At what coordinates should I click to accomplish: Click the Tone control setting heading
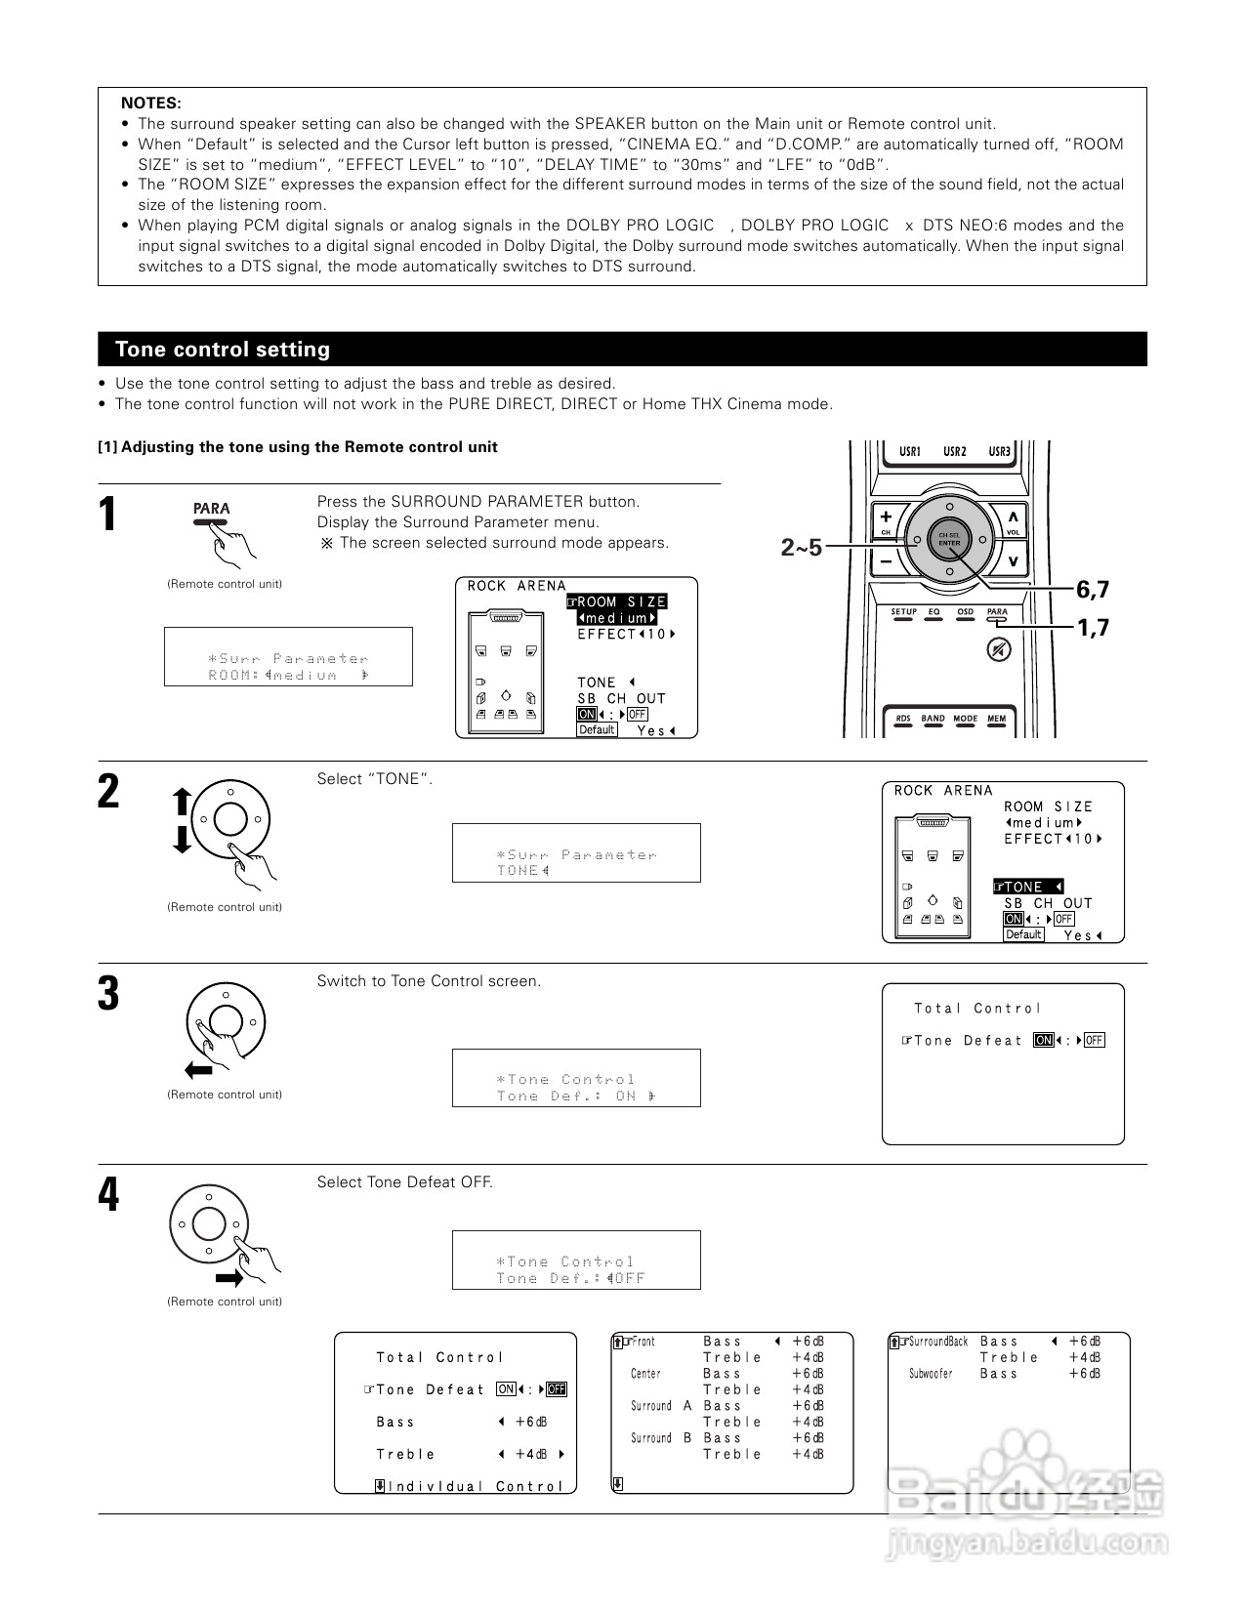[x=223, y=350]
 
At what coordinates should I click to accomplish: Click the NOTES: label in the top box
[x=150, y=103]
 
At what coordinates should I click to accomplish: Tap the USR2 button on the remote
[x=954, y=452]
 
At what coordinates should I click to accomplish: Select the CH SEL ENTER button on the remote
[x=949, y=540]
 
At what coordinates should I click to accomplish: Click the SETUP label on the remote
[x=903, y=612]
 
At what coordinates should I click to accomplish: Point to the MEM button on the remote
[x=996, y=719]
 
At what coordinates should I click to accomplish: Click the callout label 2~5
[x=801, y=548]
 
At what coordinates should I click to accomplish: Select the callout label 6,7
[x=1093, y=590]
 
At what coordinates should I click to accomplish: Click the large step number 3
[x=108, y=994]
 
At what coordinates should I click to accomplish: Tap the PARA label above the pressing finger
[x=211, y=509]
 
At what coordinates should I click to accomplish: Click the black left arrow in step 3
[x=198, y=1071]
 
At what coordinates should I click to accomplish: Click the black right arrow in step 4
[x=229, y=1278]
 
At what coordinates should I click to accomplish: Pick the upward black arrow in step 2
[x=181, y=803]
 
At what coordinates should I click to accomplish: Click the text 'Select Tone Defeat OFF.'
[x=404, y=1182]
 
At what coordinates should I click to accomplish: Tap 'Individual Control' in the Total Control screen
[x=476, y=1486]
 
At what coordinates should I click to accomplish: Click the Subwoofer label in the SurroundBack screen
[x=931, y=1374]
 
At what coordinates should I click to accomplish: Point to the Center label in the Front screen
[x=645, y=1374]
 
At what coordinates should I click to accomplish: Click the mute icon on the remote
[x=998, y=648]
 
